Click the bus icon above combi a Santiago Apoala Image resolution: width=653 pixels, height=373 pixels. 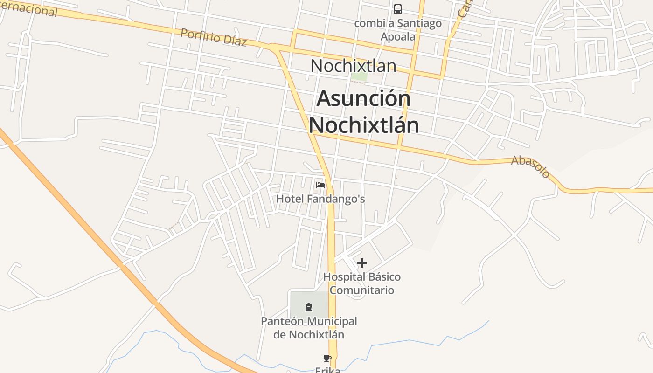(x=398, y=9)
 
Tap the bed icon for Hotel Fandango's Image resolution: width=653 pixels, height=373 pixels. (x=320, y=185)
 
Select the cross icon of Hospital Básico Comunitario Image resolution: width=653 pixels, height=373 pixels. (x=362, y=263)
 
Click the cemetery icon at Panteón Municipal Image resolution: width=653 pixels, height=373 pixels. (x=308, y=307)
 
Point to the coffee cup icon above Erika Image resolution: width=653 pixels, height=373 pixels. (x=327, y=359)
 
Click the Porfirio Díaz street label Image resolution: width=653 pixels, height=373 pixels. (x=214, y=37)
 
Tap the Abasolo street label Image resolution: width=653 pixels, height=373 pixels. (x=531, y=166)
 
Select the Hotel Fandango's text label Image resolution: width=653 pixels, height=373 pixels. (x=320, y=199)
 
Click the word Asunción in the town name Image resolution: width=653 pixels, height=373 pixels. (x=364, y=99)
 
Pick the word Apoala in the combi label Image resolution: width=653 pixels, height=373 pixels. (x=398, y=36)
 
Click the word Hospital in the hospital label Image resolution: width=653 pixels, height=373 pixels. (x=344, y=277)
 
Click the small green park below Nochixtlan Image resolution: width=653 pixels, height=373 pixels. (x=359, y=76)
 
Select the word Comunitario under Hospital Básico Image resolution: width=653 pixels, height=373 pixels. (x=362, y=290)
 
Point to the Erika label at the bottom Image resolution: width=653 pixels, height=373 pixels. (x=327, y=370)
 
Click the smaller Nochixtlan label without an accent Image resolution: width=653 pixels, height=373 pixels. (x=353, y=66)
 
